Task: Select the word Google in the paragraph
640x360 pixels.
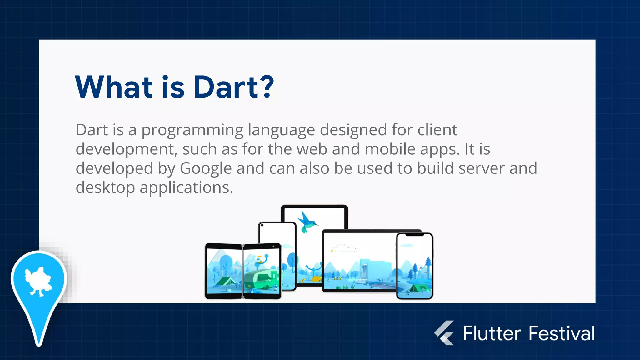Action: [206, 168]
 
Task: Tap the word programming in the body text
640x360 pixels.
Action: [192, 130]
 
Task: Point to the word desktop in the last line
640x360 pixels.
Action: [105, 187]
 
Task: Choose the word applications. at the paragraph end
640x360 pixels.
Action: [186, 187]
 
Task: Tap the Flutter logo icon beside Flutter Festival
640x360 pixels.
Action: [444, 333]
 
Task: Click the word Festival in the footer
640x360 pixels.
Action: [562, 333]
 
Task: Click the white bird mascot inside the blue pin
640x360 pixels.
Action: [38, 281]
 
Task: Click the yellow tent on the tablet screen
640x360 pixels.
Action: [316, 278]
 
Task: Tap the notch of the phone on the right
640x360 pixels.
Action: [414, 235]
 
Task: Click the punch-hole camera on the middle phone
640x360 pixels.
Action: [262, 225]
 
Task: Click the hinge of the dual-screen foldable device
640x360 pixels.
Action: [243, 271]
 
